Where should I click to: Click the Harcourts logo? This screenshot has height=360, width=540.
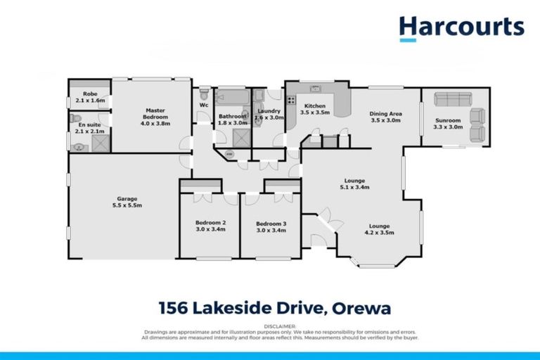coord(461,27)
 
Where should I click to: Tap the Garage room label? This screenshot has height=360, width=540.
coord(127,198)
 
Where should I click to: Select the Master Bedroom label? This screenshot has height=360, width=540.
coord(155,113)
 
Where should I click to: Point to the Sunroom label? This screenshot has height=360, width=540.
coord(448,120)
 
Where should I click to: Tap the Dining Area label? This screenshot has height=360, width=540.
coord(385,113)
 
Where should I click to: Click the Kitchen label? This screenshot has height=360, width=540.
coord(314,105)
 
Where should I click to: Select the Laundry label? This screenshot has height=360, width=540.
coord(269,110)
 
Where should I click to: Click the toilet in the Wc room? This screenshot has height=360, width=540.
coord(204,93)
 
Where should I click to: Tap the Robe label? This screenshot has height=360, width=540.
coord(89,94)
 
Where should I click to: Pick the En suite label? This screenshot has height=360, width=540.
coord(89,124)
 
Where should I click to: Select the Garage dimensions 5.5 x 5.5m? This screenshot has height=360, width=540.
coord(127,205)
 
